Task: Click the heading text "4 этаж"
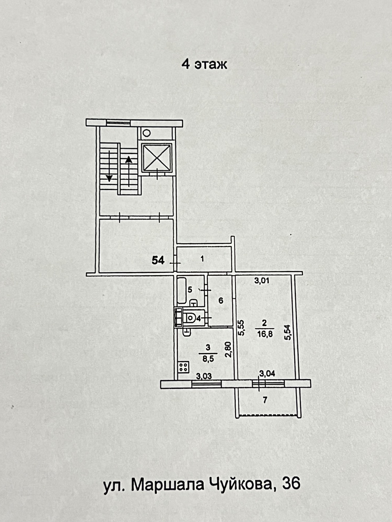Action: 204,64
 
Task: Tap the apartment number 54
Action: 158,260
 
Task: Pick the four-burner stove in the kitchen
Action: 183,367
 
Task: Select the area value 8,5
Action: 208,359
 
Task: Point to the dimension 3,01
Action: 261,280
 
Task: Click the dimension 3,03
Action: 204,376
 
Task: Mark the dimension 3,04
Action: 267,374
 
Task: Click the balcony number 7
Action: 265,400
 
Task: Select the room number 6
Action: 221,301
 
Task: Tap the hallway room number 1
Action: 202,259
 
